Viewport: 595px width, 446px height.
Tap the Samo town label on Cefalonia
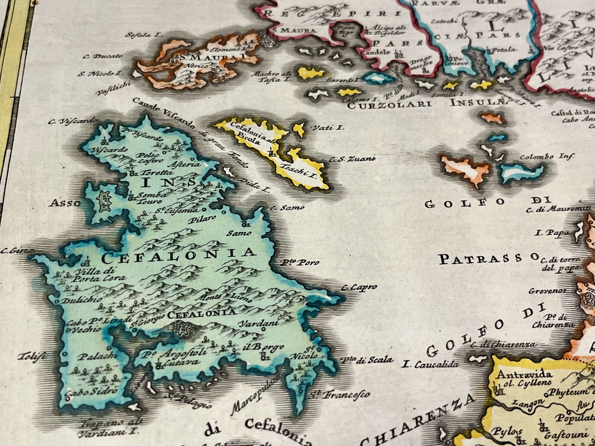pyautogui.click(x=239, y=233)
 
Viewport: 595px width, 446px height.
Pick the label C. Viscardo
pyautogui.click(x=73, y=121)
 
